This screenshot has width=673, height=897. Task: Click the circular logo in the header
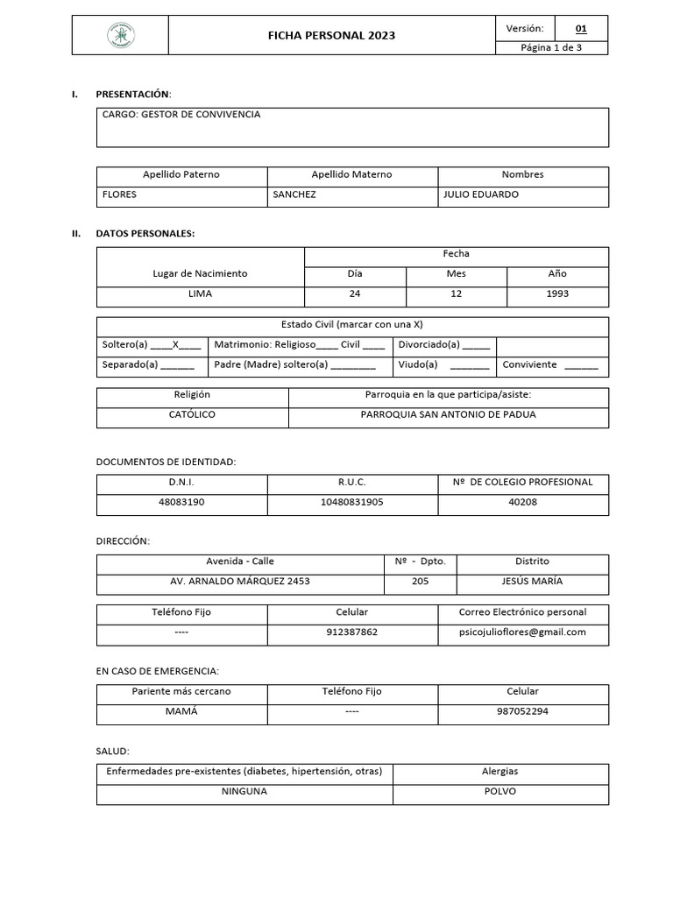(120, 35)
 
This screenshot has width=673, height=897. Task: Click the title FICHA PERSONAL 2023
(331, 36)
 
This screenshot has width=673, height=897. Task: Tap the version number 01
(580, 29)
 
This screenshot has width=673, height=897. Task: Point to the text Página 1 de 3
(551, 48)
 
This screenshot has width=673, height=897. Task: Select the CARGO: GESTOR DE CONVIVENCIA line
(181, 115)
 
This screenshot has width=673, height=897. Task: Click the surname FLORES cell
(120, 194)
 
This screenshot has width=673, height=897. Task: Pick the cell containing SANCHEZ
(294, 194)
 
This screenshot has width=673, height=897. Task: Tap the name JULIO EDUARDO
(481, 194)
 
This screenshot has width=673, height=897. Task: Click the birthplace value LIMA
(200, 293)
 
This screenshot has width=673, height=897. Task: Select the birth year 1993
(557, 293)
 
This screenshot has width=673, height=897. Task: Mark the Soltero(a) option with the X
(151, 345)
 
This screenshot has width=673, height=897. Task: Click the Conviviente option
(550, 364)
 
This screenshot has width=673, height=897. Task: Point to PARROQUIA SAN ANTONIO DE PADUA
(448, 414)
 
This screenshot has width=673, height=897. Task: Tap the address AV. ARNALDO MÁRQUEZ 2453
(239, 581)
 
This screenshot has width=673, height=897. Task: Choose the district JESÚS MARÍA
(532, 581)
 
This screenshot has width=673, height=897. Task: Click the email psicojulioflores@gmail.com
(522, 632)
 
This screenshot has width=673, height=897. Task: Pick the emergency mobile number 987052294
(522, 710)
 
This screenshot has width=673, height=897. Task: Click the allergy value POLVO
(499, 791)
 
